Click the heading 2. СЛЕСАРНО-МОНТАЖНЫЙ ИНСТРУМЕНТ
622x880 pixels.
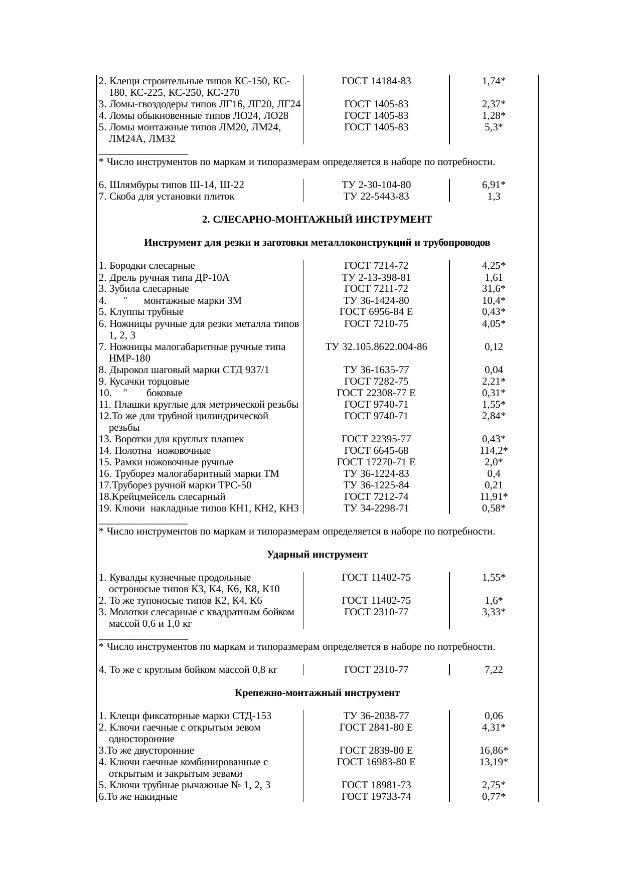click(317, 220)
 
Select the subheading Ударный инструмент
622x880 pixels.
click(317, 555)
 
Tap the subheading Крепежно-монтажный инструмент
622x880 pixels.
click(317, 693)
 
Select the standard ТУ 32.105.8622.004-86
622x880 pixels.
click(376, 347)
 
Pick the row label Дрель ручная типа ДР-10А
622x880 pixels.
click(164, 277)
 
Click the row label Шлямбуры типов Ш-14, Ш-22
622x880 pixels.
click(172, 185)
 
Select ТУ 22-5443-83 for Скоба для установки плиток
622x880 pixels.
click(376, 197)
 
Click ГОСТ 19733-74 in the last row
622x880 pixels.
click(376, 797)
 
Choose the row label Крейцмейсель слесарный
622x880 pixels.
click(162, 497)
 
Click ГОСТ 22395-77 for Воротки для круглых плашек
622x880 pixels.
click(376, 439)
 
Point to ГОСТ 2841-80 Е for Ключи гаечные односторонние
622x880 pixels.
click(376, 728)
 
